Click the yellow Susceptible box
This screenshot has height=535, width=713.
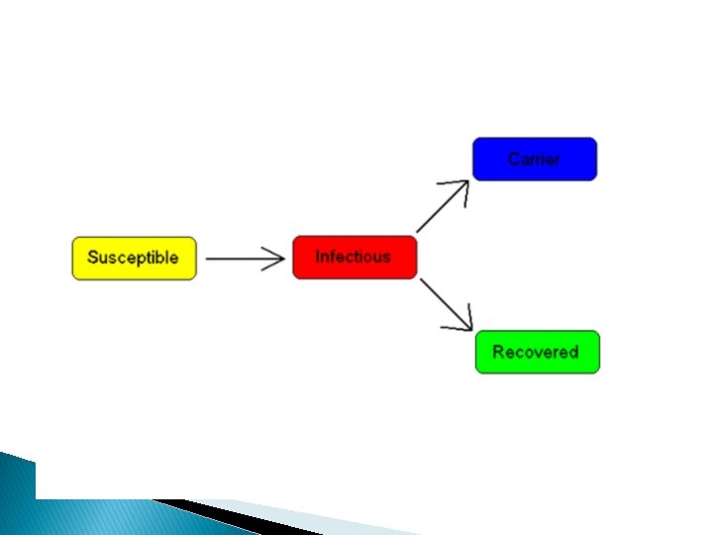(x=134, y=258)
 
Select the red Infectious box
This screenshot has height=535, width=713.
(x=355, y=258)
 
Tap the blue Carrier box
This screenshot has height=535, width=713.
(x=535, y=160)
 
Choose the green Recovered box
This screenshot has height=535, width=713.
(x=537, y=352)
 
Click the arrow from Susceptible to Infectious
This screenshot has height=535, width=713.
(x=243, y=260)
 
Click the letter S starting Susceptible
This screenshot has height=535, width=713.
(x=92, y=258)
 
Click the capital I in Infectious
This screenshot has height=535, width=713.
(x=318, y=257)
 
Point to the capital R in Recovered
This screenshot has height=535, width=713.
(x=498, y=352)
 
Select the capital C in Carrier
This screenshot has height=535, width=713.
(x=513, y=159)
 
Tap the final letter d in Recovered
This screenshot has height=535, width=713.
(x=573, y=352)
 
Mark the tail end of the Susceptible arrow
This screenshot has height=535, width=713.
(x=208, y=260)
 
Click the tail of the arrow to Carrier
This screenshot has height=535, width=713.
(x=419, y=231)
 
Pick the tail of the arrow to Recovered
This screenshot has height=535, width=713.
(x=422, y=280)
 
